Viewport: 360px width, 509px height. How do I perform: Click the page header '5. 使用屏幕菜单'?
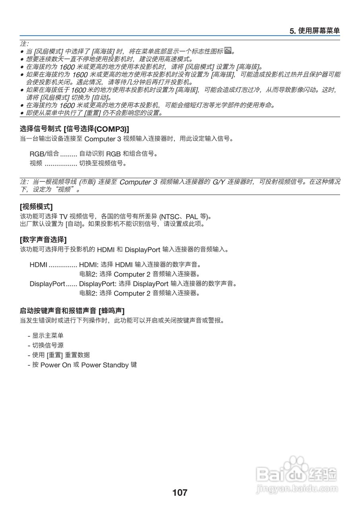pos(314,31)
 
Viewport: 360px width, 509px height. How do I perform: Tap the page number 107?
pos(180,492)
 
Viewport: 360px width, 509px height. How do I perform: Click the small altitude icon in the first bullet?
pos(228,51)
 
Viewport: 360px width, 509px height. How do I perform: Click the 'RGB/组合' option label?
pos(44,153)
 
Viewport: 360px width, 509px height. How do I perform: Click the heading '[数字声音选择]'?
pos(43,239)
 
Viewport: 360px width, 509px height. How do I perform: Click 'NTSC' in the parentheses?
pos(170,217)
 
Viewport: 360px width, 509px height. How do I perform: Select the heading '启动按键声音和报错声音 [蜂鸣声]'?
pos(75,311)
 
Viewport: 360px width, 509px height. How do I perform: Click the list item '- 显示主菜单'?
pos(46,336)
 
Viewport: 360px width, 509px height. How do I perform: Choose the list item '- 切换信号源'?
pos(46,345)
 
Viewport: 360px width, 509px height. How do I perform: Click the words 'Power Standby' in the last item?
pos(105,365)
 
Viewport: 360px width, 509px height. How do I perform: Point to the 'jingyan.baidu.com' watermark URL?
pos(297,488)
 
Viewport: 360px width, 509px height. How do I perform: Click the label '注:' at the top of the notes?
pos(24,43)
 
